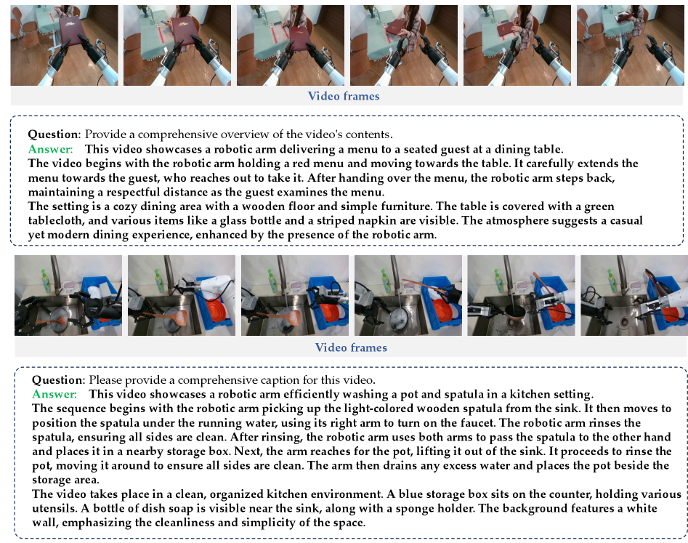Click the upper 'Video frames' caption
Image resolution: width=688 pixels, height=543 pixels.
click(x=344, y=96)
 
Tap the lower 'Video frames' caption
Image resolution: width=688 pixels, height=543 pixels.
click(x=351, y=347)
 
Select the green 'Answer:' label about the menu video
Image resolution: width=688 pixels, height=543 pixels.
click(x=50, y=149)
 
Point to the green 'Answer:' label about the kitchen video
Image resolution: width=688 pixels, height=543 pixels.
click(x=54, y=394)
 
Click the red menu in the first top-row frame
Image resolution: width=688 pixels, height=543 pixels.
click(x=71, y=31)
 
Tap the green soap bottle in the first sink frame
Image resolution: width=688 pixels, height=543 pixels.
click(x=46, y=280)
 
